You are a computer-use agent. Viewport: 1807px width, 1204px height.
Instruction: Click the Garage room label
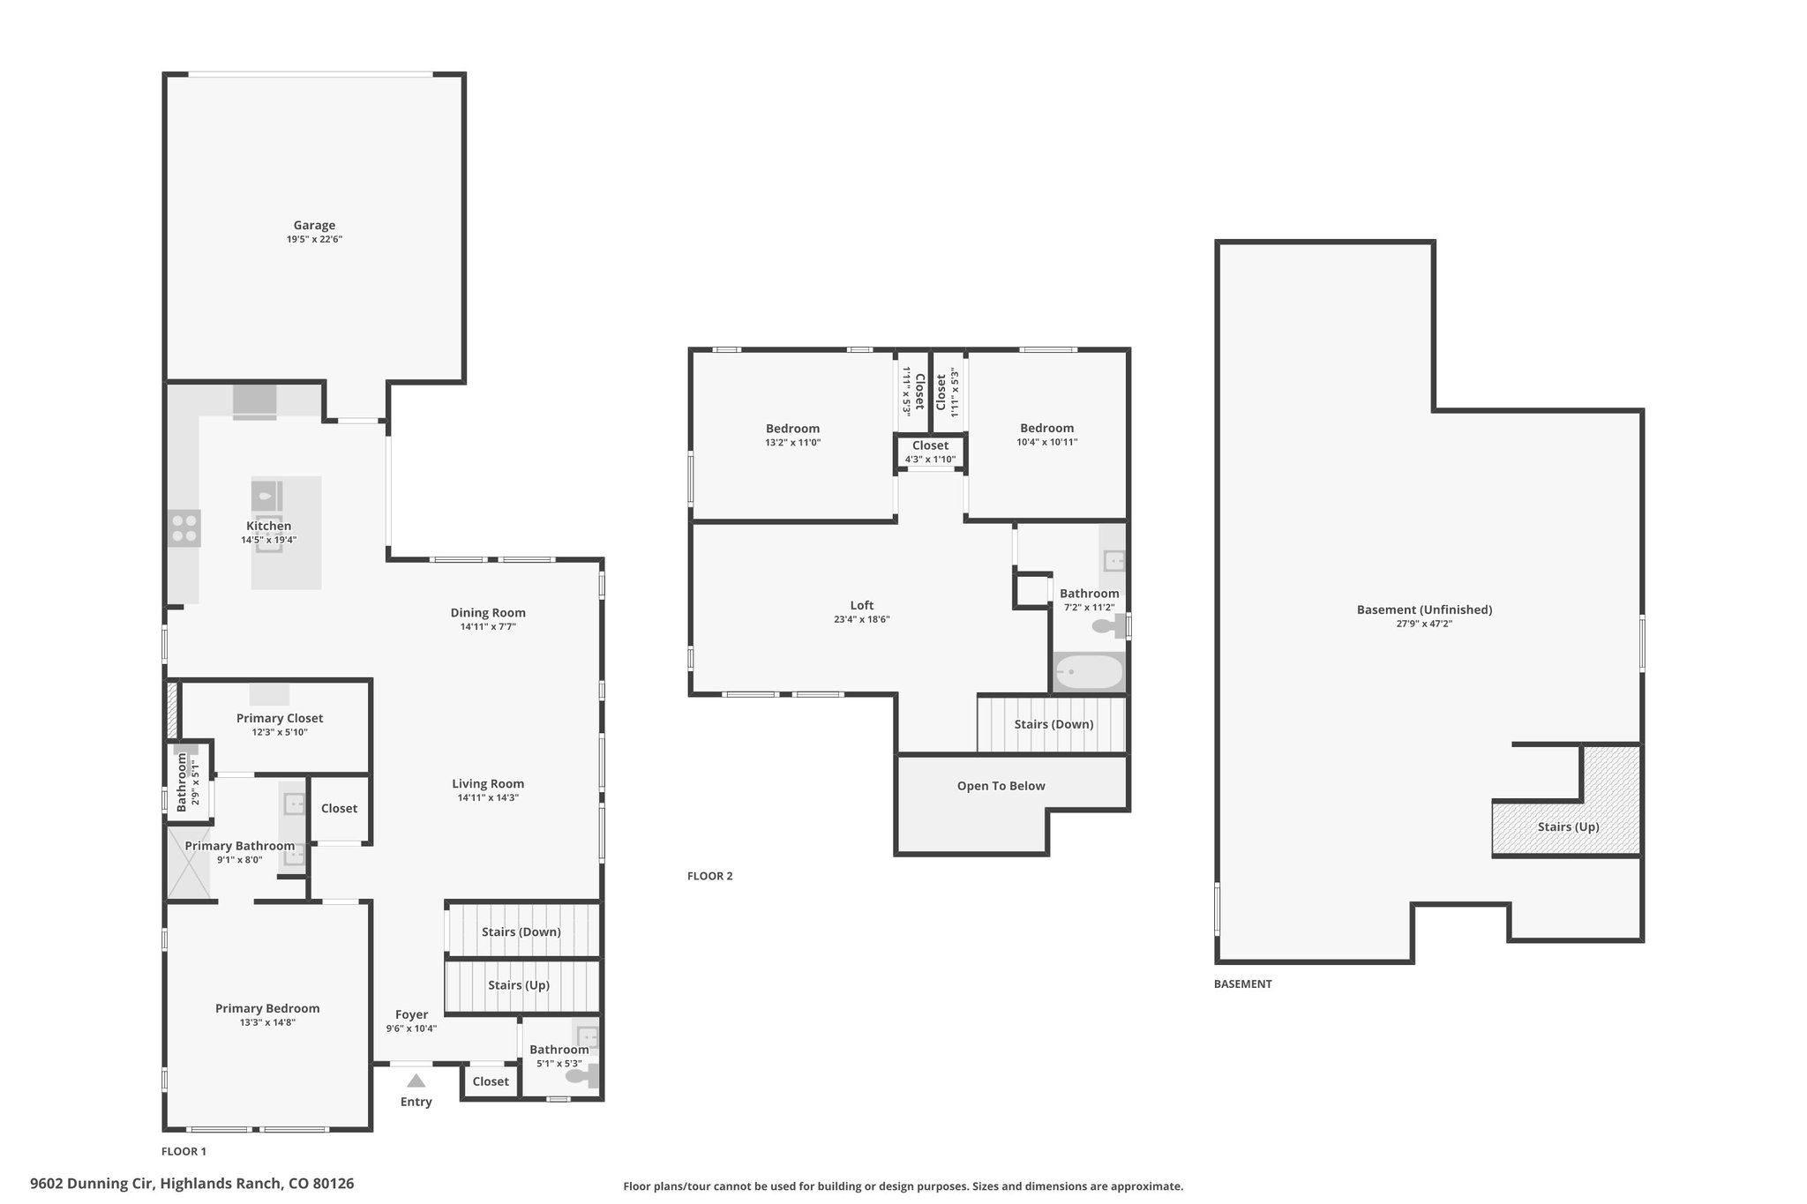(x=314, y=225)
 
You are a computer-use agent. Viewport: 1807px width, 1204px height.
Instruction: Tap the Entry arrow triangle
(x=416, y=1081)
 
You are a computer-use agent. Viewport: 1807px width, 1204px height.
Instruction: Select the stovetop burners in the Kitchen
(x=184, y=528)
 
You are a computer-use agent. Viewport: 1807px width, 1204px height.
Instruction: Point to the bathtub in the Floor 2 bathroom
(x=1090, y=673)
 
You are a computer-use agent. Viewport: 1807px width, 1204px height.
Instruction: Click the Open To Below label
(x=1001, y=786)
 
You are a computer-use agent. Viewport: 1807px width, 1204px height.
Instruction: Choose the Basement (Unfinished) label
(x=1424, y=609)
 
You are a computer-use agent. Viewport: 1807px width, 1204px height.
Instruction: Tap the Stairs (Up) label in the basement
(x=1568, y=827)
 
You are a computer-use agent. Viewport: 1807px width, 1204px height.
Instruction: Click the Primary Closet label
(x=280, y=718)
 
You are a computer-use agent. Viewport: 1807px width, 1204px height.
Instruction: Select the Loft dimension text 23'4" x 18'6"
(x=862, y=620)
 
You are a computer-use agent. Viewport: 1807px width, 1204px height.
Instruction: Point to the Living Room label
(x=488, y=783)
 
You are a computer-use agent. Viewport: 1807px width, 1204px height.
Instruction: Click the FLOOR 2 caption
(x=710, y=876)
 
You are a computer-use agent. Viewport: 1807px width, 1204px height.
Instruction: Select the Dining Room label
(x=488, y=613)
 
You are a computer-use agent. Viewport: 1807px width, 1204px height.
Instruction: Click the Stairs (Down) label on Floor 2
(x=1053, y=724)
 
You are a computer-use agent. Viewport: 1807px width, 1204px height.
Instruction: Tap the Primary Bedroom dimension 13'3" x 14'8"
(x=267, y=1023)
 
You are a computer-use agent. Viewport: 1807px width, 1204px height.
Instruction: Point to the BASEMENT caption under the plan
(x=1243, y=983)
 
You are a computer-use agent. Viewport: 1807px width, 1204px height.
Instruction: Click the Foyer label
(x=411, y=1015)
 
